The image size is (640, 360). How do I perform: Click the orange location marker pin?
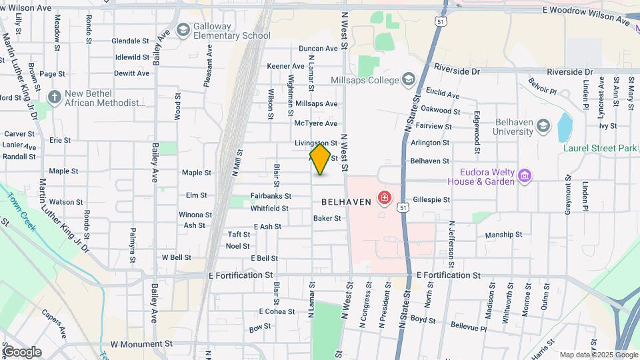click(321, 159)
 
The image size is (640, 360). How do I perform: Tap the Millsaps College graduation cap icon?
click(407, 80)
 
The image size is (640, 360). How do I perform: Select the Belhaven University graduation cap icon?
click(543, 125)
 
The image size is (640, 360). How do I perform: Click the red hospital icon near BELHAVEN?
click(384, 198)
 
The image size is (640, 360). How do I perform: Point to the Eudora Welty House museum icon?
click(525, 176)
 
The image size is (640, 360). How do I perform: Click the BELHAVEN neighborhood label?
click(346, 201)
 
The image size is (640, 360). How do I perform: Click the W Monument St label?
click(141, 344)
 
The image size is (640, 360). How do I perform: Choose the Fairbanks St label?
click(271, 196)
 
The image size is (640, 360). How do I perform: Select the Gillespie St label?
click(431, 199)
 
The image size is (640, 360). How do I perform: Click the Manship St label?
click(503, 235)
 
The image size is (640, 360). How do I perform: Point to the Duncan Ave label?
click(318, 49)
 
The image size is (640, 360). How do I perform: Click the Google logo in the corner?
click(22, 351)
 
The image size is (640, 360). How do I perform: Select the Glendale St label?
click(125, 41)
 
